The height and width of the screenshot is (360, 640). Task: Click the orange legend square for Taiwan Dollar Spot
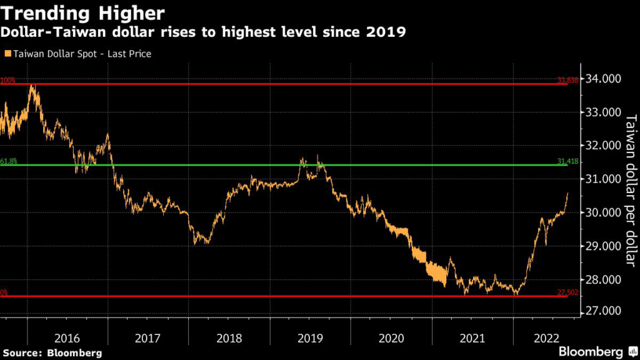[x=7, y=54]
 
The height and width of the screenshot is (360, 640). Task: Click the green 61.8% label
[x=9, y=161]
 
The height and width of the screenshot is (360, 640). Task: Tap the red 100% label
[x=7, y=80]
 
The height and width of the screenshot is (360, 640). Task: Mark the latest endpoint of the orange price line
[x=567, y=193]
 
